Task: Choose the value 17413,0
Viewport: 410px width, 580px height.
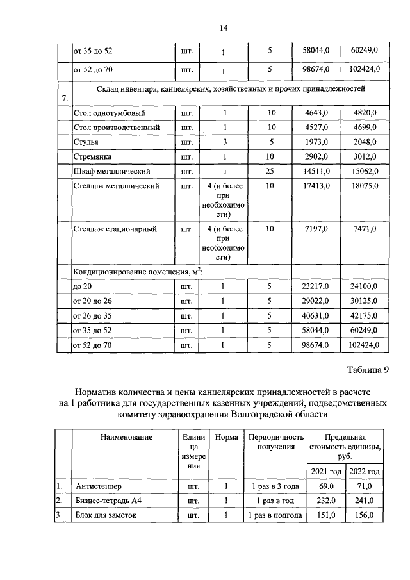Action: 315,186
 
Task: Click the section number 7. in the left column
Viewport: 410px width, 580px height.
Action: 63,97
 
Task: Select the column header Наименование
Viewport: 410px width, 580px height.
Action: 126,438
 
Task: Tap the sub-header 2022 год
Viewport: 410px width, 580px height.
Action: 363,472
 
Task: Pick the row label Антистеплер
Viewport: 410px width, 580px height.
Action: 96,486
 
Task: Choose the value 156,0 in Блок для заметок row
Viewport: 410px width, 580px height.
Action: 364,515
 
